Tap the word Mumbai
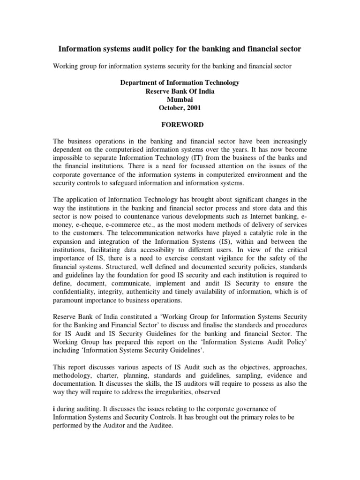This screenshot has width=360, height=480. click(x=180, y=99)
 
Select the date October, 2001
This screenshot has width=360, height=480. click(x=180, y=108)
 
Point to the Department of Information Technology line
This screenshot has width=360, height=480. click(x=180, y=82)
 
